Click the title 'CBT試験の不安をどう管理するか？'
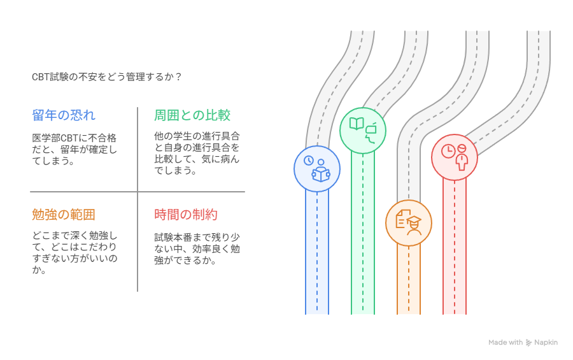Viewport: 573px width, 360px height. coord(107,76)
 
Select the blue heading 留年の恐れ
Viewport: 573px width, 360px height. coord(64,115)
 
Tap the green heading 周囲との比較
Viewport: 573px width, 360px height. coord(192,115)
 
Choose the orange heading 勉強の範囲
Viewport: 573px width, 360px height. coord(64,214)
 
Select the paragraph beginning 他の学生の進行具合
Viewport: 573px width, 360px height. coord(197,154)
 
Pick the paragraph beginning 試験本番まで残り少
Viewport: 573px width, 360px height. coord(197,248)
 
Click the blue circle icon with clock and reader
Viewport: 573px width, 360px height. coord(317,169)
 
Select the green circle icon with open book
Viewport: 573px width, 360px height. coord(363,130)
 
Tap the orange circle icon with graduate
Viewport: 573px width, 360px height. coord(409,222)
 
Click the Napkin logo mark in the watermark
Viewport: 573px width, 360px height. coord(528,343)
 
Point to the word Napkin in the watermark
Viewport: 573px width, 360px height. coord(546,343)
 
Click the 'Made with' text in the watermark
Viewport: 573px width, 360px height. coord(506,343)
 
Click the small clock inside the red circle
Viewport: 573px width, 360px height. coord(448,151)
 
